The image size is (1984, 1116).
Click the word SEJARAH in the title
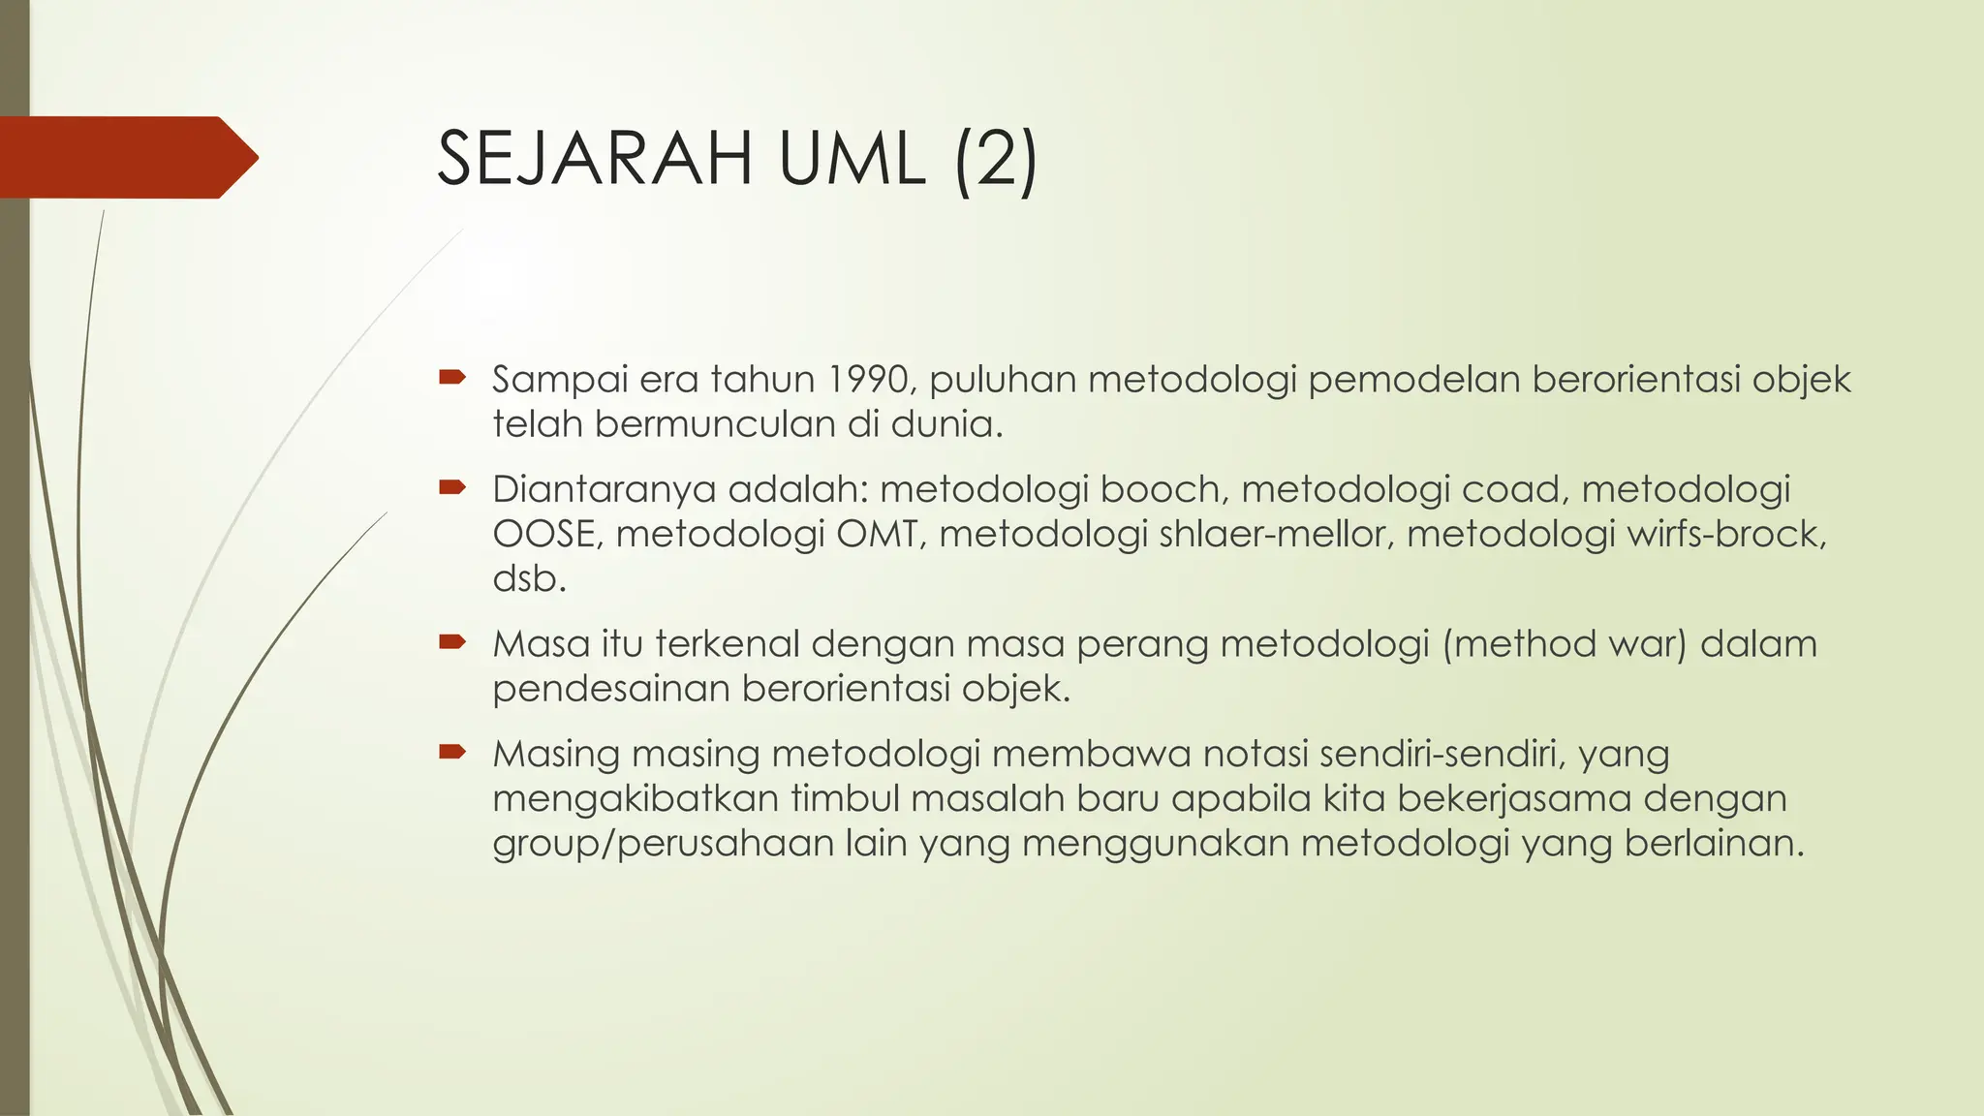pos(595,159)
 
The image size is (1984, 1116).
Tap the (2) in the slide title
pos(996,161)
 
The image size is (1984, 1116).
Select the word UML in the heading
pos(852,159)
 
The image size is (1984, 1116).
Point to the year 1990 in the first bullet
pos(869,379)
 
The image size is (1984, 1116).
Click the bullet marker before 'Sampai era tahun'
pos(452,377)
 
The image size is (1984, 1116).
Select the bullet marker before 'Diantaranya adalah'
pos(452,487)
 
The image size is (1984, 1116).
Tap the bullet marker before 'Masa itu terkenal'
pos(452,641)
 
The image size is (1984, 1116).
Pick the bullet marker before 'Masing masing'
pos(452,752)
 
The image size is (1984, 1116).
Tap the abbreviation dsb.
pos(529,578)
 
